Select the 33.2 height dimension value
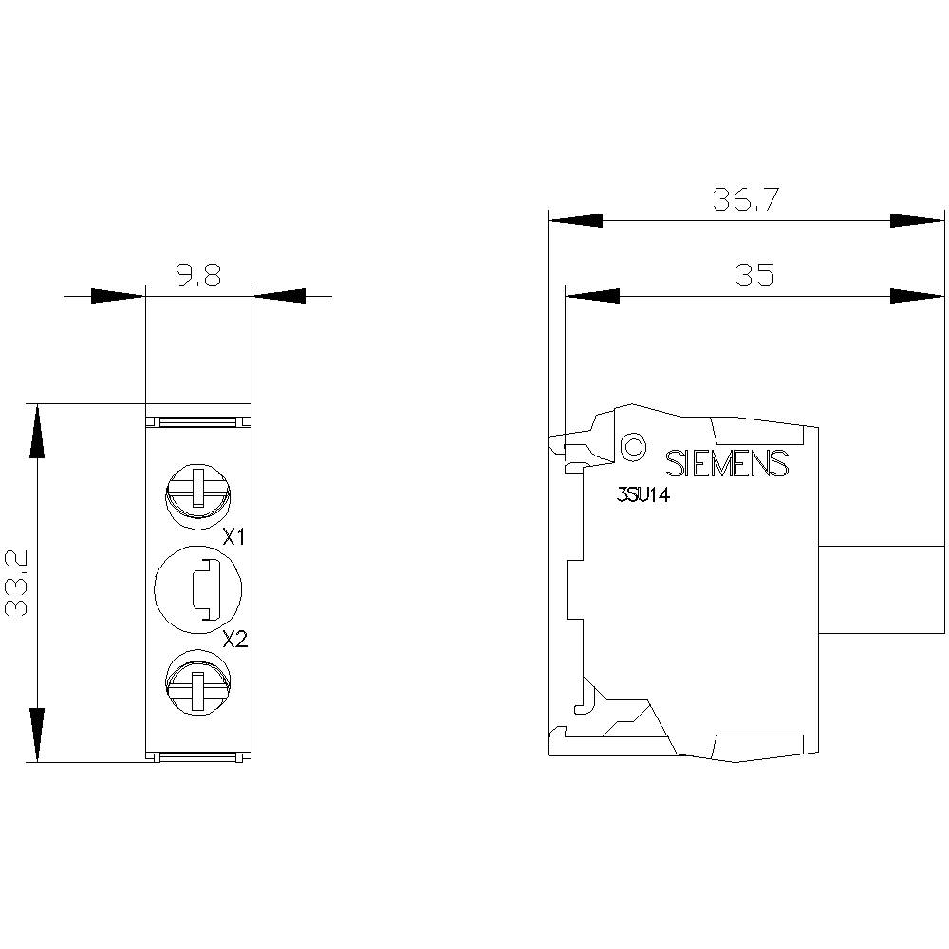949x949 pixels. tap(19, 583)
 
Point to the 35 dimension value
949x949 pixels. tap(754, 274)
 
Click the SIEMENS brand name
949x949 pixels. tap(727, 463)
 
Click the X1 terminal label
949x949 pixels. tap(233, 538)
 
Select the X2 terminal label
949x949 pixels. tap(234, 639)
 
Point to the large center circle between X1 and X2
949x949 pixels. tap(198, 588)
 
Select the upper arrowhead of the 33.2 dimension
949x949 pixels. tap(36, 432)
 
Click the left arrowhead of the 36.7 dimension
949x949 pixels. tap(575, 220)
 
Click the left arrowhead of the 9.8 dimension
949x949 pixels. tap(118, 296)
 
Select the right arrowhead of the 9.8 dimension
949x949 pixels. tap(279, 296)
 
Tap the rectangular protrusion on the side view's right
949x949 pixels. tap(881, 589)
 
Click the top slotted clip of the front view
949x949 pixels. tap(197, 420)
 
